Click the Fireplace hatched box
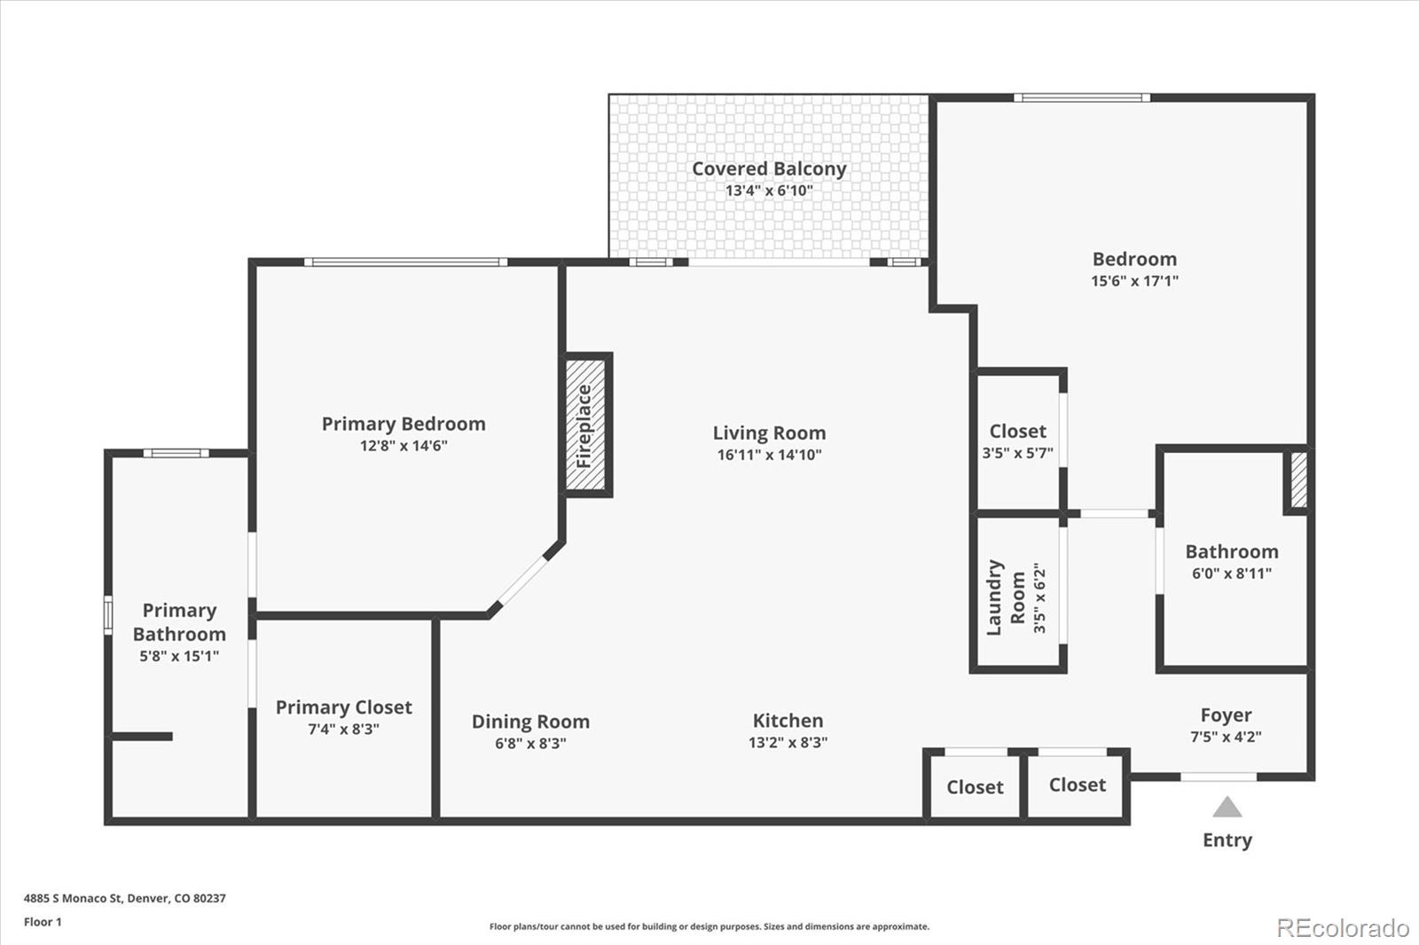(585, 426)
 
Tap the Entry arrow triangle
(1227, 807)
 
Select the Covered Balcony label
(769, 168)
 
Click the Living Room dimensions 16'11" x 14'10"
(769, 455)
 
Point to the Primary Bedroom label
(404, 424)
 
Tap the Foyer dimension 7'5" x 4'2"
(1226, 737)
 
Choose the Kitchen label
(788, 721)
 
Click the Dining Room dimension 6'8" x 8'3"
(530, 744)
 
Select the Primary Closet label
(343, 707)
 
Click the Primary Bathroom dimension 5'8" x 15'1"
(179, 656)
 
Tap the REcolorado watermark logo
(1342, 928)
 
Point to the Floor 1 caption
(43, 922)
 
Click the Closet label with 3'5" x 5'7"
(1017, 432)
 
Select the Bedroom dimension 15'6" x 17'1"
(1134, 281)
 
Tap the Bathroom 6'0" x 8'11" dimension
(1231, 574)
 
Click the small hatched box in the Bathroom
(1298, 480)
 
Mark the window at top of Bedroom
(1082, 98)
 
